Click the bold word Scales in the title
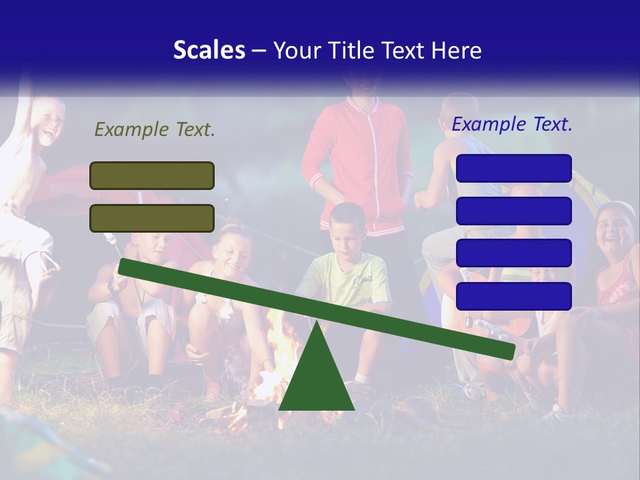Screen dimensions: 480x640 tap(209, 50)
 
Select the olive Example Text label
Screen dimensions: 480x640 tap(155, 129)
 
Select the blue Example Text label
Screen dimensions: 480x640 tap(512, 124)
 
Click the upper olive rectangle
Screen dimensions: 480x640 tap(152, 175)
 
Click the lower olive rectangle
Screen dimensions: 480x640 tap(152, 218)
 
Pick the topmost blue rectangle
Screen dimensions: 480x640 tap(514, 168)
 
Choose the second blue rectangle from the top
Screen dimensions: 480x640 tap(514, 211)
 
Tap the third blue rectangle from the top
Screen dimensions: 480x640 tap(514, 253)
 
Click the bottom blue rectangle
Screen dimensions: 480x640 tap(514, 296)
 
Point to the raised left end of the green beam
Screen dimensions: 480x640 tap(124, 266)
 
